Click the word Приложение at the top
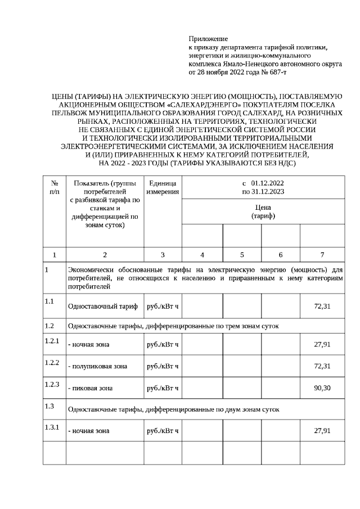208,39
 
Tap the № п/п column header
55,188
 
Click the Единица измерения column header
163,188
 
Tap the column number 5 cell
241,255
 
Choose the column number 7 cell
322,255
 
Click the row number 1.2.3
52,384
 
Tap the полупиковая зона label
97,366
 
